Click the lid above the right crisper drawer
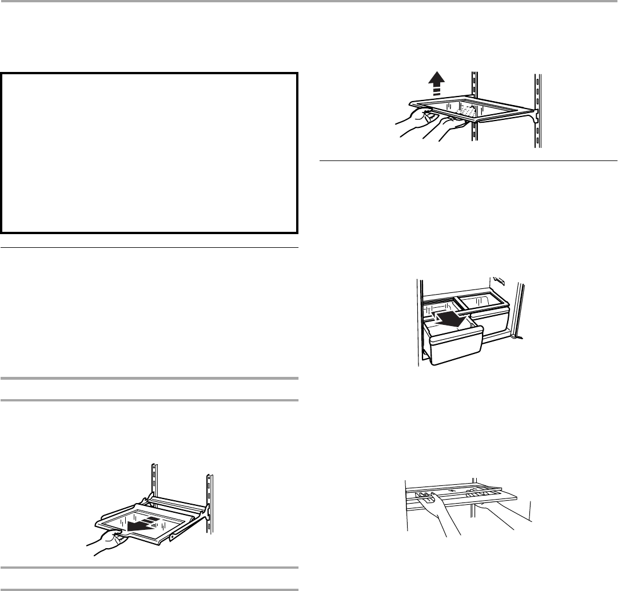tap(484, 299)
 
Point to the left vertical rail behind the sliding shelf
tap(154, 480)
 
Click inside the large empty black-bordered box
tap(149, 152)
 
